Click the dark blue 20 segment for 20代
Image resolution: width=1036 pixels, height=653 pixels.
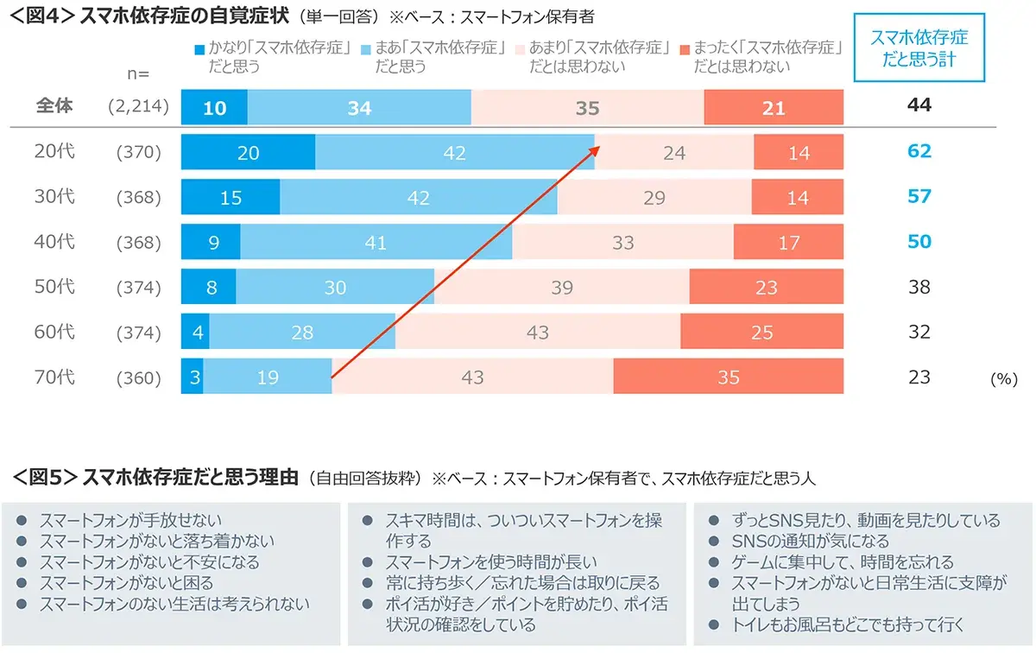[x=248, y=153]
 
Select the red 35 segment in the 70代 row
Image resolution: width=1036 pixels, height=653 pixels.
[x=728, y=377]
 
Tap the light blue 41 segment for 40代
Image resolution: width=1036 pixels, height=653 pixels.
[x=376, y=243]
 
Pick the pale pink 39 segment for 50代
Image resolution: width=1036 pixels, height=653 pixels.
[x=561, y=288]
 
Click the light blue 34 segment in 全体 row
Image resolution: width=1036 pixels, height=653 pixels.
[x=359, y=107]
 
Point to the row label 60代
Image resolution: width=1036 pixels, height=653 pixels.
[x=55, y=332]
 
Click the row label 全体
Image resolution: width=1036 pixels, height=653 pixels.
[x=55, y=105]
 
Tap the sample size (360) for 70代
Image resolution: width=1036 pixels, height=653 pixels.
[x=139, y=377]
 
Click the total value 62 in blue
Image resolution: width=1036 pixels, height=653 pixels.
[x=919, y=151]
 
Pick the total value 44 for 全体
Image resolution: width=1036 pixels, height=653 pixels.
[x=919, y=105]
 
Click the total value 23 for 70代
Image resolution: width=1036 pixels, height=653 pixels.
[x=919, y=377]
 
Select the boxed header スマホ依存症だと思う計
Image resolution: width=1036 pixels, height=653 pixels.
[x=919, y=48]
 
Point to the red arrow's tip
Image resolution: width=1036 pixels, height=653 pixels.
[x=598, y=147]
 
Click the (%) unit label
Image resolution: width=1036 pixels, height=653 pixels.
[x=1004, y=379]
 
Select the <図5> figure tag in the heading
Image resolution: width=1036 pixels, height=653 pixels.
[x=46, y=478]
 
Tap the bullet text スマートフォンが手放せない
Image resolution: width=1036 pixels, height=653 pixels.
[x=130, y=520]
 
